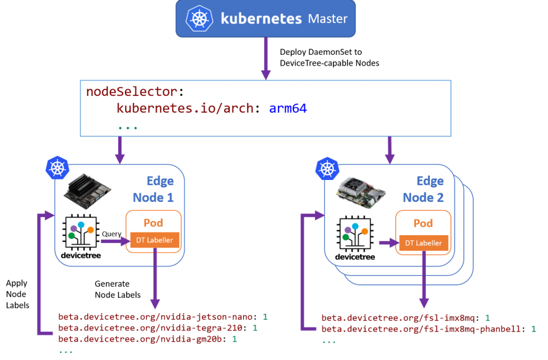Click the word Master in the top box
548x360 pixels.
[328, 19]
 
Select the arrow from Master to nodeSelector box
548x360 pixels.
[265, 58]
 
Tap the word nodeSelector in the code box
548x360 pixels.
[131, 92]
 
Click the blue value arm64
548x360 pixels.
[288, 108]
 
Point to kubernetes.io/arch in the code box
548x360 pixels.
[185, 108]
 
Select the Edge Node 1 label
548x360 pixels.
[153, 189]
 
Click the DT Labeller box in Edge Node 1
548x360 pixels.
[155, 240]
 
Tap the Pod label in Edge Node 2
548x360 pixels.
[423, 224]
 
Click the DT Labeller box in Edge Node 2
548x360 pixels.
[423, 243]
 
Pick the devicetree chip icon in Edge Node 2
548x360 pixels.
[355, 234]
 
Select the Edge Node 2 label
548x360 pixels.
[423, 189]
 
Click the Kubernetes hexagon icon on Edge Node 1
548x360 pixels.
[57, 168]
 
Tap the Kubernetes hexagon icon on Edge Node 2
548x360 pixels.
[327, 168]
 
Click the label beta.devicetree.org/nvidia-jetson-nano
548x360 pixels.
[155, 317]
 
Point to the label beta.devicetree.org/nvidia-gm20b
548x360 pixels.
[140, 339]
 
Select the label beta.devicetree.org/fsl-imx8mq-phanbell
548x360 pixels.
[421, 329]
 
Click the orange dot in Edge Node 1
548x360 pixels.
[90, 230]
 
